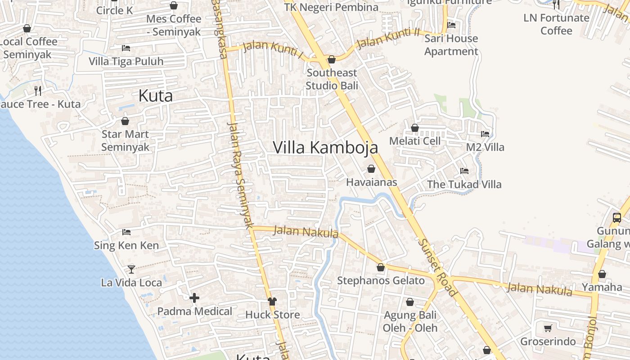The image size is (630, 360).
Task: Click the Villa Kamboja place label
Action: tap(325, 148)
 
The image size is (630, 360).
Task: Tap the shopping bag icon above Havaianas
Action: tap(371, 169)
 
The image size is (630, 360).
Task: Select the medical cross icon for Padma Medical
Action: tap(194, 298)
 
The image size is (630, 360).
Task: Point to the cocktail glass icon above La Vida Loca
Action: tap(131, 269)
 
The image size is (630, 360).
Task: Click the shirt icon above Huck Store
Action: tap(272, 301)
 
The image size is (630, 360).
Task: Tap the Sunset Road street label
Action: tap(437, 267)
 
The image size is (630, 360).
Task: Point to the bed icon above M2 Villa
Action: tap(485, 134)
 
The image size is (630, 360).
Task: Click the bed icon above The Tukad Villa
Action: tap(464, 171)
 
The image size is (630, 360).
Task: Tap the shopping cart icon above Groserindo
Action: tap(548, 328)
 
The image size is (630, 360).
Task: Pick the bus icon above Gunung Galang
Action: tap(617, 218)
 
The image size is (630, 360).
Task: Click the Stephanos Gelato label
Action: tap(381, 281)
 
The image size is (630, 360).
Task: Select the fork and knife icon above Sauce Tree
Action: tap(38, 91)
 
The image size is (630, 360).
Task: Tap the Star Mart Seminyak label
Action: tap(125, 140)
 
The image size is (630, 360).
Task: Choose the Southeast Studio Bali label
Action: tap(332, 79)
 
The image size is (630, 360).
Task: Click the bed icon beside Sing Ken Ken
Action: tap(126, 232)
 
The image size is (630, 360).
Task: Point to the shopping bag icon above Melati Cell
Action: tap(415, 128)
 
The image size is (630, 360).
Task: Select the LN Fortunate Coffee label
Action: tap(556, 24)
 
